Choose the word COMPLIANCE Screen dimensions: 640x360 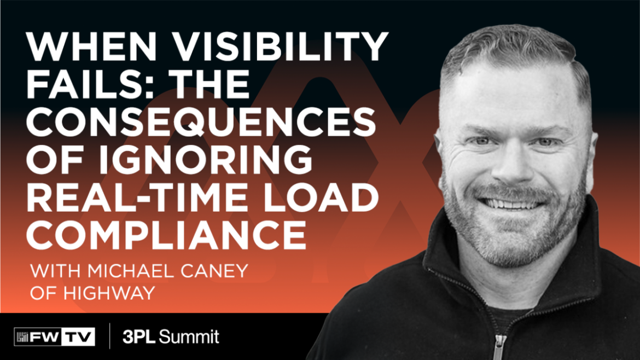(x=166, y=235)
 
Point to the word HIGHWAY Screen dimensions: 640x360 (x=109, y=293)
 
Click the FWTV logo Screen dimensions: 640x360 (x=54, y=336)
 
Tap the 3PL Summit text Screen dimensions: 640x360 (x=171, y=337)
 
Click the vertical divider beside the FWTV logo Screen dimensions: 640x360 (x=109, y=336)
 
